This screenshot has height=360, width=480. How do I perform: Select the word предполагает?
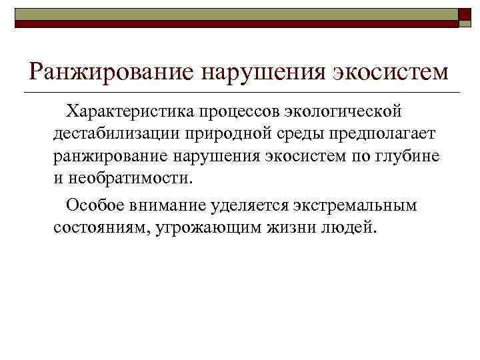[388, 133]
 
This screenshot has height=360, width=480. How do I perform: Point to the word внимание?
[166, 205]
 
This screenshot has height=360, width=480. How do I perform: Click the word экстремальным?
[360, 205]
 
